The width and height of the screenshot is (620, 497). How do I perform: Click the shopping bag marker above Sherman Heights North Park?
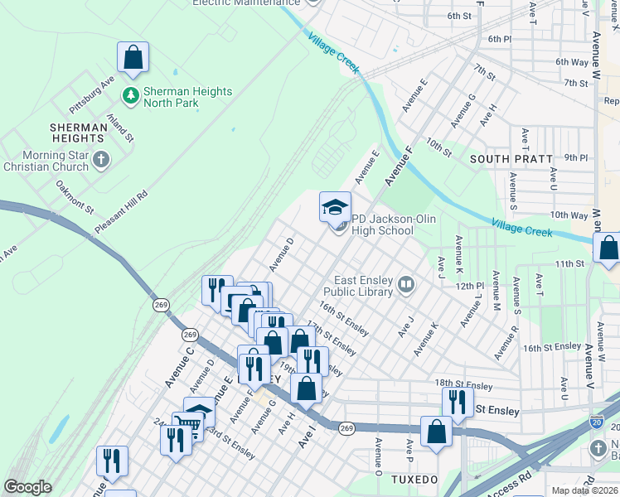click(x=133, y=58)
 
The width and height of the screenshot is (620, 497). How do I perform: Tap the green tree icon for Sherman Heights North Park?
click(x=130, y=97)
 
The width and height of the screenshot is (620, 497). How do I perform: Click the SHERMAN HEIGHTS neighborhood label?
click(x=78, y=133)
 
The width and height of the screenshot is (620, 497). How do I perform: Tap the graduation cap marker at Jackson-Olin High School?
click(x=336, y=207)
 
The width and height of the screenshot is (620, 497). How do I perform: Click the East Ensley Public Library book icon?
click(x=405, y=286)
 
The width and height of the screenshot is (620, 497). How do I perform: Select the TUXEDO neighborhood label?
click(x=414, y=480)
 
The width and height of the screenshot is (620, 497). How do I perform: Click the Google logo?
click(x=27, y=487)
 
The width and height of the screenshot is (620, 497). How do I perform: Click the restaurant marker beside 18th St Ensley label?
click(x=458, y=402)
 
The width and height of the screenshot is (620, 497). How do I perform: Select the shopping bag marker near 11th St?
click(x=608, y=248)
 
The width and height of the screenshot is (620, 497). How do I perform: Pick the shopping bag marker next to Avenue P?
click(x=436, y=432)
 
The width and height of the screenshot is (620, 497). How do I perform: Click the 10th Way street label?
click(x=569, y=215)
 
